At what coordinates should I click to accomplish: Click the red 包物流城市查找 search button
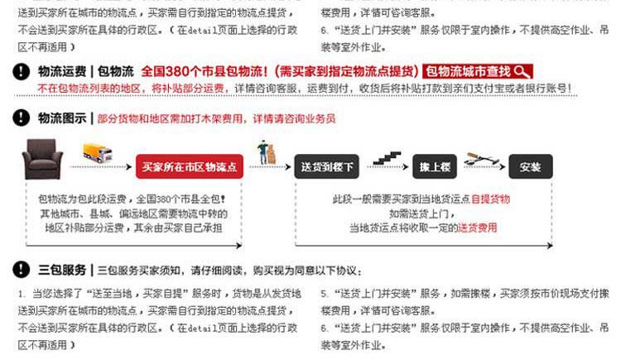tap(478, 71)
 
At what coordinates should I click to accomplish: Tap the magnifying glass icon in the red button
tap(522, 71)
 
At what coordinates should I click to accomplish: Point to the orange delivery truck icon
tap(97, 154)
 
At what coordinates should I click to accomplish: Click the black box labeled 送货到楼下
tap(325, 166)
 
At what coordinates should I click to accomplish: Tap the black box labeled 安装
tap(530, 166)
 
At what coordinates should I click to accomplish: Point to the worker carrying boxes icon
tap(267, 151)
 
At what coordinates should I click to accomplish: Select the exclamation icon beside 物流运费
tap(22, 72)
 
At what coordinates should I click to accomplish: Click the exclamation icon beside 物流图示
tap(22, 118)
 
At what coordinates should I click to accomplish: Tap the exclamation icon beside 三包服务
tap(22, 270)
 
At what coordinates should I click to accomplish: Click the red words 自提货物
tap(490, 199)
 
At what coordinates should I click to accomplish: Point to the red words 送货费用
tap(478, 227)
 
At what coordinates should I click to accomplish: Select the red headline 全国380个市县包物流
tap(280, 71)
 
